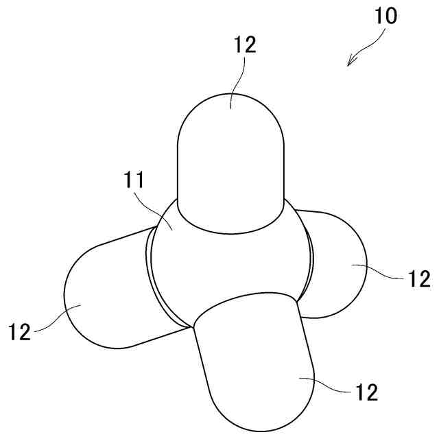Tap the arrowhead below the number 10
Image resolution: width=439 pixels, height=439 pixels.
[x=351, y=64]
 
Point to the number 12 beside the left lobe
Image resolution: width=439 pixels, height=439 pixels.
[x=21, y=332]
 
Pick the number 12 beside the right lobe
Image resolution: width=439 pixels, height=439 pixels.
[x=419, y=278]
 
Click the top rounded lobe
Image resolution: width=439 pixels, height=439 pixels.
[x=230, y=165]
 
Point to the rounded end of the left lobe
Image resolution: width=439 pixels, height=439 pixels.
[x=72, y=302]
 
